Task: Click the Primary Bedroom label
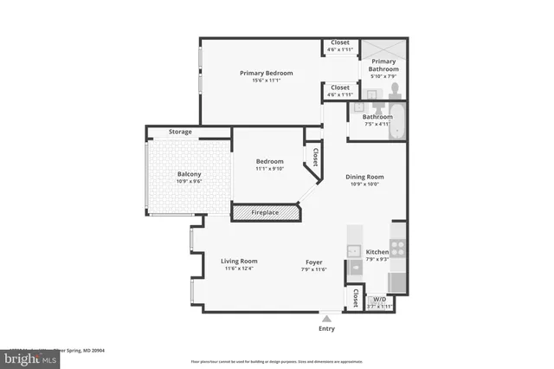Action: pyautogui.click(x=266, y=74)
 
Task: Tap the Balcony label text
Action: pyautogui.click(x=189, y=174)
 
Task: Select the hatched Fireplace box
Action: pyautogui.click(x=264, y=212)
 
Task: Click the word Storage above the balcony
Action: pyautogui.click(x=180, y=132)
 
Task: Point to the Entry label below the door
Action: pyautogui.click(x=326, y=328)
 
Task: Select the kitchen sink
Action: pyautogui.click(x=354, y=251)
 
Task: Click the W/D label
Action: pyautogui.click(x=379, y=300)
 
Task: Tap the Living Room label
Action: pyautogui.click(x=239, y=261)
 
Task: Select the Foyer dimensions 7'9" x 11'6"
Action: pyautogui.click(x=313, y=269)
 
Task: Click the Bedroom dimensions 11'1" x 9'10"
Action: pyautogui.click(x=269, y=169)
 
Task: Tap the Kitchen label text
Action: pyautogui.click(x=377, y=252)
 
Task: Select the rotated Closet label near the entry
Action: pyautogui.click(x=355, y=299)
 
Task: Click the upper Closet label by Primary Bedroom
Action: pyautogui.click(x=340, y=42)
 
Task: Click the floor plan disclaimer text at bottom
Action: pyautogui.click(x=276, y=360)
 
